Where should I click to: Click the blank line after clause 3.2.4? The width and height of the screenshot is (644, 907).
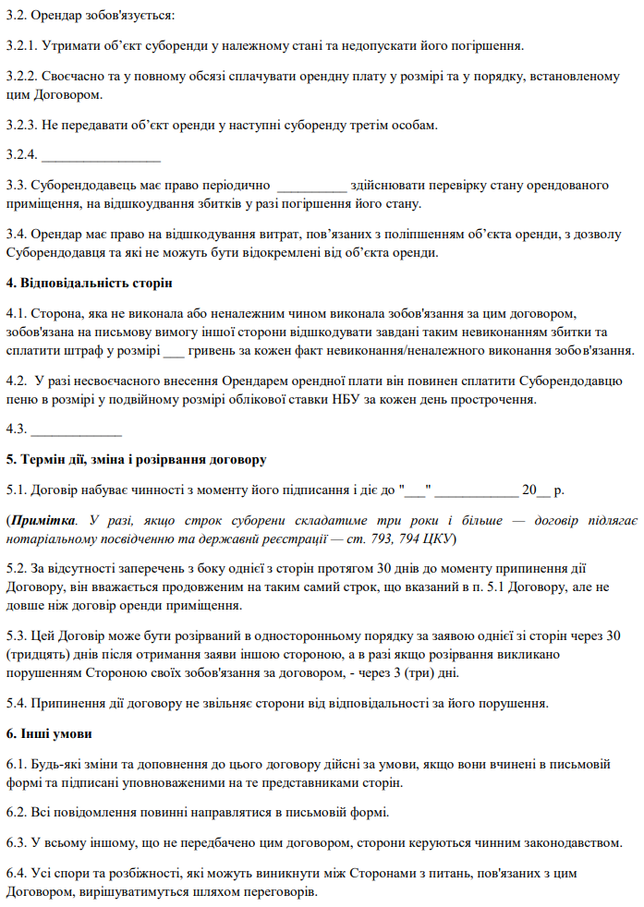coord(101,154)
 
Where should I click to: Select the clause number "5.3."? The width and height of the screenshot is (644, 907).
coord(18,636)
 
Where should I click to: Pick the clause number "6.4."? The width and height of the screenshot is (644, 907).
coord(18,873)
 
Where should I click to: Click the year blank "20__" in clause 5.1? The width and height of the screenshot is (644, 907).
coord(536,490)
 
